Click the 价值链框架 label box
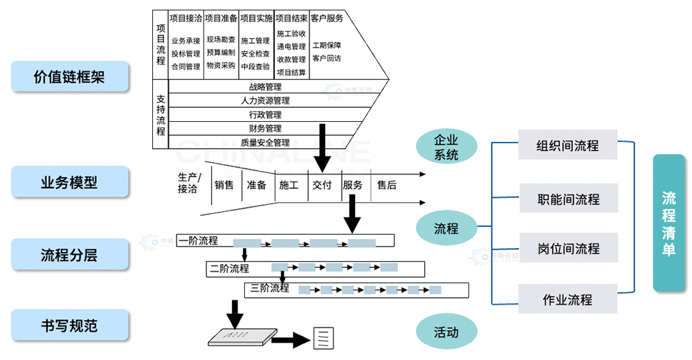70,76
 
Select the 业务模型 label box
70,182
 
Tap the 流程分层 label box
70,255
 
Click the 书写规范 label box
70,325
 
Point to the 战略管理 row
265,87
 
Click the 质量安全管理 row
265,143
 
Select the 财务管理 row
265,129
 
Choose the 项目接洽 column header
185,19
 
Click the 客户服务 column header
327,19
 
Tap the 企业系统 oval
446,147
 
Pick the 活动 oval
446,332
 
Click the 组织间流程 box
567,147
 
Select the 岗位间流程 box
567,249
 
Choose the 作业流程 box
567,300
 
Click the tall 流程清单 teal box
668,223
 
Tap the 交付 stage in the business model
322,185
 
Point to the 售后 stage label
387,185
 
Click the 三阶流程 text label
270,288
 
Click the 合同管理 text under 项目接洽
185,66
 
